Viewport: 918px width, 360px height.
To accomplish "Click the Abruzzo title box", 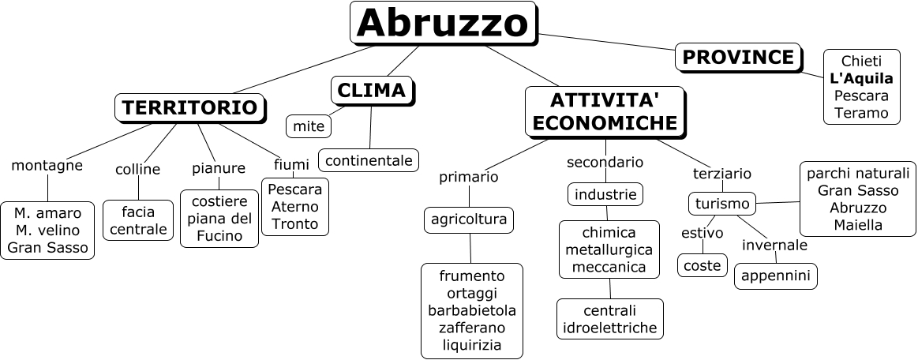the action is [x=442, y=23].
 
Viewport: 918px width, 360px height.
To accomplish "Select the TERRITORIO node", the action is [x=190, y=107].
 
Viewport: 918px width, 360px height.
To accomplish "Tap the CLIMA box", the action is [x=371, y=91].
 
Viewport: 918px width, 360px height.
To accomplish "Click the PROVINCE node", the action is [x=738, y=58].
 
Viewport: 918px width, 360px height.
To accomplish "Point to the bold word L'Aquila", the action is [x=861, y=78].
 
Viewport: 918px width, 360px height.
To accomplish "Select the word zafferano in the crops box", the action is [x=471, y=328].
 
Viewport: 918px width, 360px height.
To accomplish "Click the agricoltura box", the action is [x=469, y=219].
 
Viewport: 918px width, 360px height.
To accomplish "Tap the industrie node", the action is [x=605, y=193].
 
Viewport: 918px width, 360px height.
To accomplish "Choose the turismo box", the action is [x=722, y=204].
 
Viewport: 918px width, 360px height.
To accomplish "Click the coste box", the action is [x=703, y=265].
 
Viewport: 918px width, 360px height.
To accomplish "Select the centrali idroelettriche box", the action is [x=609, y=318].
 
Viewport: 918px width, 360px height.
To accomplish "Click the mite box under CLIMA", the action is [x=309, y=126].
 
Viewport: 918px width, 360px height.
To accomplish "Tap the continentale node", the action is [x=369, y=160].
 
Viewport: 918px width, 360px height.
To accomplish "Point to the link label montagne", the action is [x=47, y=166].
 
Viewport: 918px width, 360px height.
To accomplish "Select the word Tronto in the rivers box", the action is [x=294, y=223].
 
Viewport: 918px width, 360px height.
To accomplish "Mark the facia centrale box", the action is [x=138, y=220].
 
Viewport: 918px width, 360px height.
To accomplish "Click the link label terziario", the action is [x=721, y=173].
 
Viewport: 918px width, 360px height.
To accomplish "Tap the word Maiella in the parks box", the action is [x=858, y=225].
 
